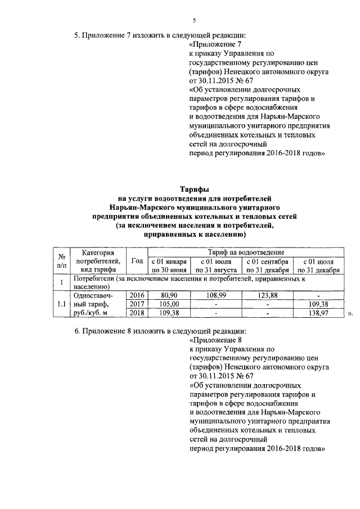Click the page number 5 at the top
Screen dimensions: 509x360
[194, 20]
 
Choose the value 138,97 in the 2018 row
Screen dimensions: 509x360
[318, 313]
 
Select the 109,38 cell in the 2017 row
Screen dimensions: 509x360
[318, 304]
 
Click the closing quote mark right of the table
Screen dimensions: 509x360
[349, 314]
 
